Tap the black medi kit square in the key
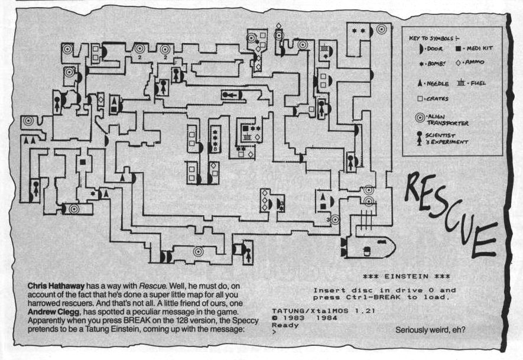[x=459, y=48]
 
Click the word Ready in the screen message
[x=282, y=325]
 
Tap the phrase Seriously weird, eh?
[x=430, y=330]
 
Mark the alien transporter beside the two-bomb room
[x=381, y=28]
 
